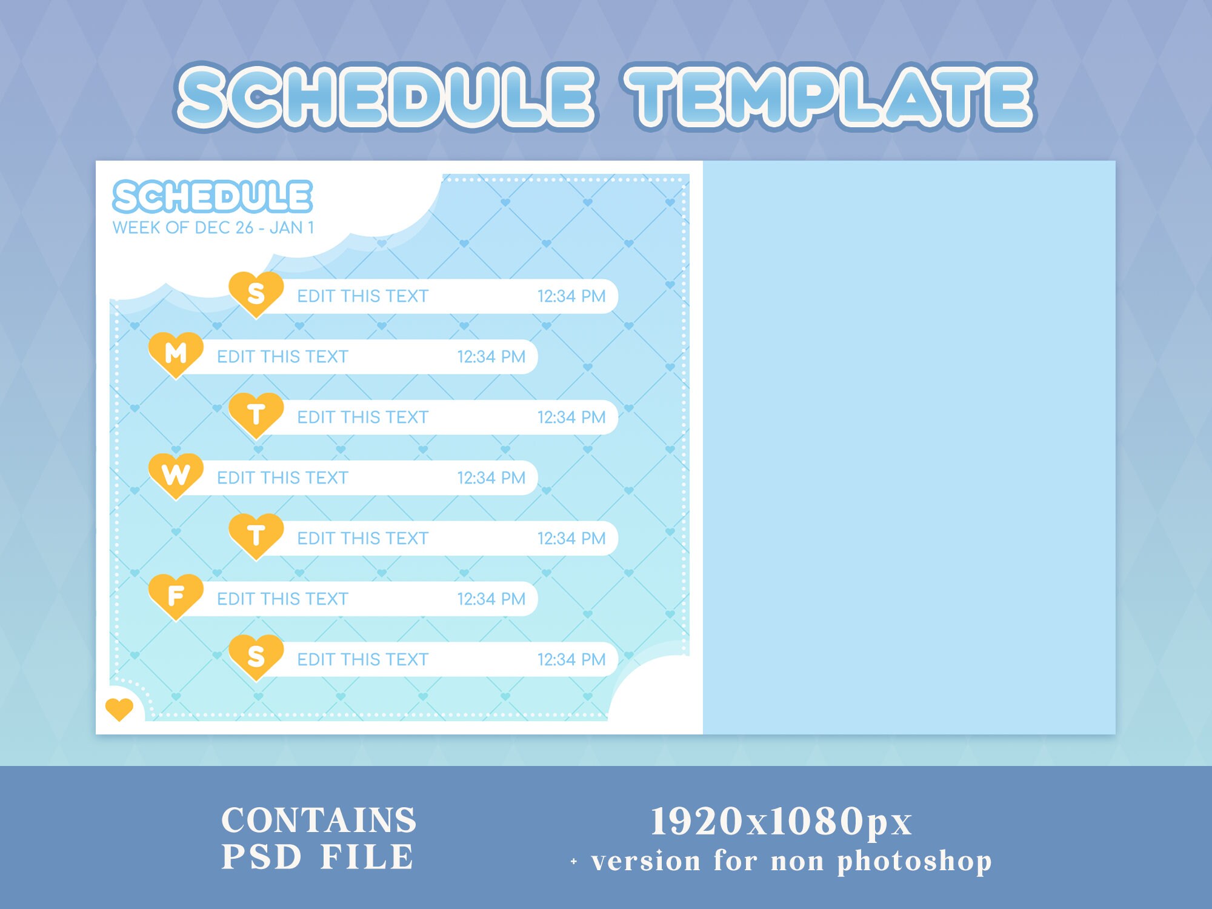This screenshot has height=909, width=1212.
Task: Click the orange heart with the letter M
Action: (176, 353)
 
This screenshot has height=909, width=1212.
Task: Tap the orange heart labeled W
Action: (176, 474)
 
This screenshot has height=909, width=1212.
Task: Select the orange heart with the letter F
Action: (176, 596)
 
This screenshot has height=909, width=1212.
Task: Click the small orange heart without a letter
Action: (119, 708)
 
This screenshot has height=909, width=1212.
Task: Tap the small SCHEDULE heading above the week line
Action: (213, 197)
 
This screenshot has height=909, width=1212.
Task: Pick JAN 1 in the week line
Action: (291, 228)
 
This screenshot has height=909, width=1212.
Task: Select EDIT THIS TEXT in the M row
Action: (282, 356)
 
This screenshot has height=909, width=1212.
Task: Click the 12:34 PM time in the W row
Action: (491, 478)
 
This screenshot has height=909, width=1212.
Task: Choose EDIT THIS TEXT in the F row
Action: (282, 599)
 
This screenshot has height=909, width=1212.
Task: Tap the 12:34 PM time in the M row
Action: (491, 356)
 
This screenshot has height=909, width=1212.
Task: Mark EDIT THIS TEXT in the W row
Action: (282, 478)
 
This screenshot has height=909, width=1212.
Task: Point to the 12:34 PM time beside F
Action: (491, 599)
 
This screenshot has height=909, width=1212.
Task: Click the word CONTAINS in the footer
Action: (319, 821)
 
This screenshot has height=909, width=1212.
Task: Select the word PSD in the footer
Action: (261, 857)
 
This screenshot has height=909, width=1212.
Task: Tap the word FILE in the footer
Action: (367, 857)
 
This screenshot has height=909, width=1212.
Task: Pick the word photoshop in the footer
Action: (914, 861)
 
